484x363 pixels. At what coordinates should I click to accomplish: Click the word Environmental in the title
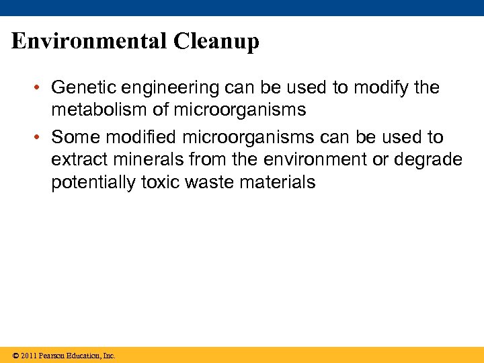89,42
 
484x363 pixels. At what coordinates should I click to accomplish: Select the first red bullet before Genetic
41,88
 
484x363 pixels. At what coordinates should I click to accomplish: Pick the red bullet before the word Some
41,138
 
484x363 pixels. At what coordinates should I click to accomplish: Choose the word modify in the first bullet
376,88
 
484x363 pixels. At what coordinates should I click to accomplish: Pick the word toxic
161,183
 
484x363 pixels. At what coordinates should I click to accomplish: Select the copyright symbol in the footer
15,356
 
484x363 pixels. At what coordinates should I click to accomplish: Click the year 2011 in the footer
28,356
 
